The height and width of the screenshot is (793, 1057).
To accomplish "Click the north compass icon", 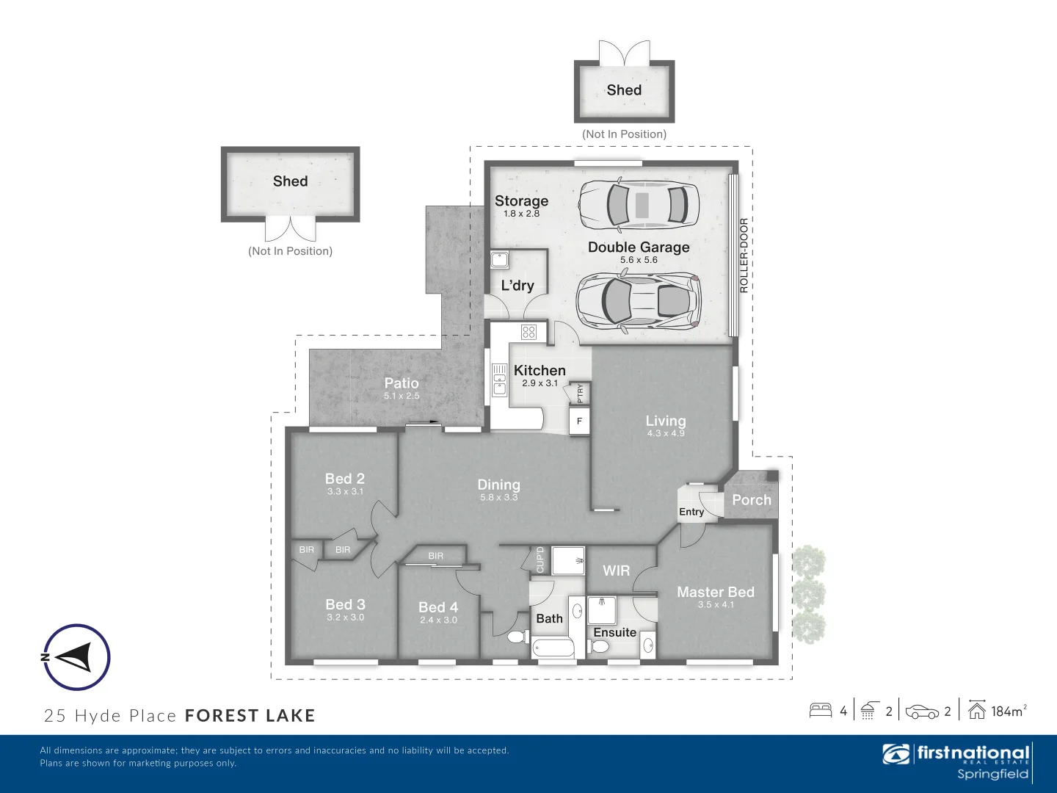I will point(76,657).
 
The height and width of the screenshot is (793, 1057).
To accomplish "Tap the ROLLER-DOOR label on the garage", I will point(744,256).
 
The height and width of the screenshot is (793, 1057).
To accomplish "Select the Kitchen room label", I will point(540,371).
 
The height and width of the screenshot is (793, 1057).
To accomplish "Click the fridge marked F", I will point(579,421).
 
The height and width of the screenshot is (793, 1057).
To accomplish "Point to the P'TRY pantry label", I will point(580,393).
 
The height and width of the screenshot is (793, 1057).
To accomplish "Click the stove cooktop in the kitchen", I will point(528,332).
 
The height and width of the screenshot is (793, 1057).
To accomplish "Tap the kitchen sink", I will point(499,380).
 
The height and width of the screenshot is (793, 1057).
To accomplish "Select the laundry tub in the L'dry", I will point(500,260).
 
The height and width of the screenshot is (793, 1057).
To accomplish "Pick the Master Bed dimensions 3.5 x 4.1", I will point(716,605).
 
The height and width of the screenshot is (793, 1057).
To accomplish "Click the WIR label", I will point(616,571).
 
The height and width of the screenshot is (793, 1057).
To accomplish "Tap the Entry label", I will point(691,512).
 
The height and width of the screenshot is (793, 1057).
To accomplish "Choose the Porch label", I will point(752,500).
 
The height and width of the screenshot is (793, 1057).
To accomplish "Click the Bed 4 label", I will point(438,607).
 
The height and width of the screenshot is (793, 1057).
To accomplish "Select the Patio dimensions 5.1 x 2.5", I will point(402,396).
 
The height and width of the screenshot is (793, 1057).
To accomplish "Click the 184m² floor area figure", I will point(1008,711).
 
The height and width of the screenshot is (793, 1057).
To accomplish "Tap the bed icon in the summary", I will point(821,710).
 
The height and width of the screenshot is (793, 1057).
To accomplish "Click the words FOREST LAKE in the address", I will point(250,716).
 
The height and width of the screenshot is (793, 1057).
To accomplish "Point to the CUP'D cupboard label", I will point(540,560).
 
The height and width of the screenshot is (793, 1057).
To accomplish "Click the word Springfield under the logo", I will point(992,774).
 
